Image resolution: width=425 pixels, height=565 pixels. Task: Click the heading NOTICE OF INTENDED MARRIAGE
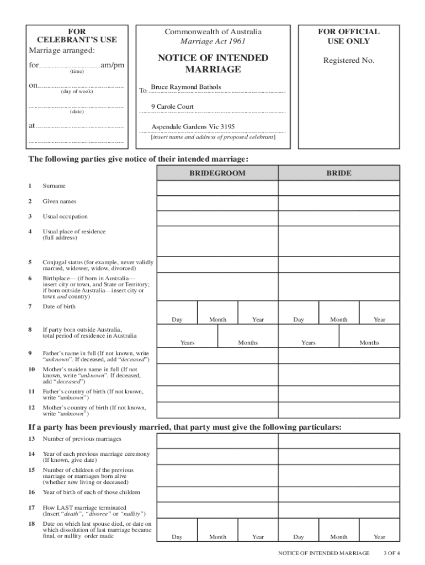point(213,63)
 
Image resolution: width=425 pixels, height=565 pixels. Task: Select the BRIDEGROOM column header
point(217,173)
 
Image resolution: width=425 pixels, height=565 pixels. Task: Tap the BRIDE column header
point(338,173)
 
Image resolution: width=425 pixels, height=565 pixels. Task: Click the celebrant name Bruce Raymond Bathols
point(186,87)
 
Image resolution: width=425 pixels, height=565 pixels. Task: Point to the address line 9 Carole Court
point(172,106)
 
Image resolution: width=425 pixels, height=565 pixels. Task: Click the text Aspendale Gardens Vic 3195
point(193,126)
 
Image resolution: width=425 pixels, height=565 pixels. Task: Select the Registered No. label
point(348,61)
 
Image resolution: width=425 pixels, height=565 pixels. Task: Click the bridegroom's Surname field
point(217,189)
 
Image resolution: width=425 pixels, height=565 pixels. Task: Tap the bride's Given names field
point(338,204)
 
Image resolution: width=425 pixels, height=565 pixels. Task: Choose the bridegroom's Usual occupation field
point(217,218)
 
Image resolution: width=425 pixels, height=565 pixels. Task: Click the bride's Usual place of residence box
point(338,241)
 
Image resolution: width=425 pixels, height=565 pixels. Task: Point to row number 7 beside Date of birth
point(30,306)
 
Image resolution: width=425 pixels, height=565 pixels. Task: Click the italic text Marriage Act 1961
point(213,41)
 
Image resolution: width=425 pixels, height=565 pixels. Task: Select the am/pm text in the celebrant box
point(113,65)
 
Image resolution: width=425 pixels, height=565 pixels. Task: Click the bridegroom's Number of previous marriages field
point(217,441)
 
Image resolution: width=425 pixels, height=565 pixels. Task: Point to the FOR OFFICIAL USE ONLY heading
point(348,36)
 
